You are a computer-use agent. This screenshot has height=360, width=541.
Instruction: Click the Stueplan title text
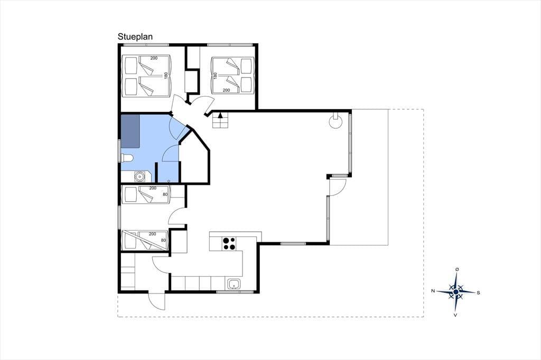(x=135, y=37)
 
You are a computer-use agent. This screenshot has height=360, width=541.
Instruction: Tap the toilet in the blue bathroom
(x=127, y=158)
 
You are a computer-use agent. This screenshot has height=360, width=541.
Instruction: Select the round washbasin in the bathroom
(x=139, y=177)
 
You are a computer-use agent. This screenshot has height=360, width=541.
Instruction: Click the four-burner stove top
(x=229, y=243)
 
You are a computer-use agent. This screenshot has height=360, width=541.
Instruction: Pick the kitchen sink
(x=234, y=285)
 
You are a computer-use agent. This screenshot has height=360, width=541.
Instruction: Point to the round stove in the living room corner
(x=335, y=122)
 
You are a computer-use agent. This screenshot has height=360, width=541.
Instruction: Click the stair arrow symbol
(x=220, y=116)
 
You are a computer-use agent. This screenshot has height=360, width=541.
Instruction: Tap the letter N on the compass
(x=433, y=291)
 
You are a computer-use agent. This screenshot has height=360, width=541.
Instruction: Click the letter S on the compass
(x=478, y=293)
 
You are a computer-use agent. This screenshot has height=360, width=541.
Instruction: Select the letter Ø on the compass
(x=457, y=269)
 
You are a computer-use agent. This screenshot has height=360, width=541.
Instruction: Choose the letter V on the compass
(x=455, y=315)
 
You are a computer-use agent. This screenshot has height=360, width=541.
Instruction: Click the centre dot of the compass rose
(x=456, y=292)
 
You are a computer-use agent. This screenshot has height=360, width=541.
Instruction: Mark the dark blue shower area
(x=130, y=131)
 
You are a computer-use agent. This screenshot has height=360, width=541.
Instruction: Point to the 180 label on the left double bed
(x=165, y=75)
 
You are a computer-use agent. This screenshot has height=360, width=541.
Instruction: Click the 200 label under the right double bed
(x=226, y=90)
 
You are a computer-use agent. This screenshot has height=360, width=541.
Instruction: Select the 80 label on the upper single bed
(x=165, y=194)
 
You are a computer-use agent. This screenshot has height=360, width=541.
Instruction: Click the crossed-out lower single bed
(x=145, y=240)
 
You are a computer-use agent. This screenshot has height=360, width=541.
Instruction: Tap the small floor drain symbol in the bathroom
(x=169, y=181)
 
